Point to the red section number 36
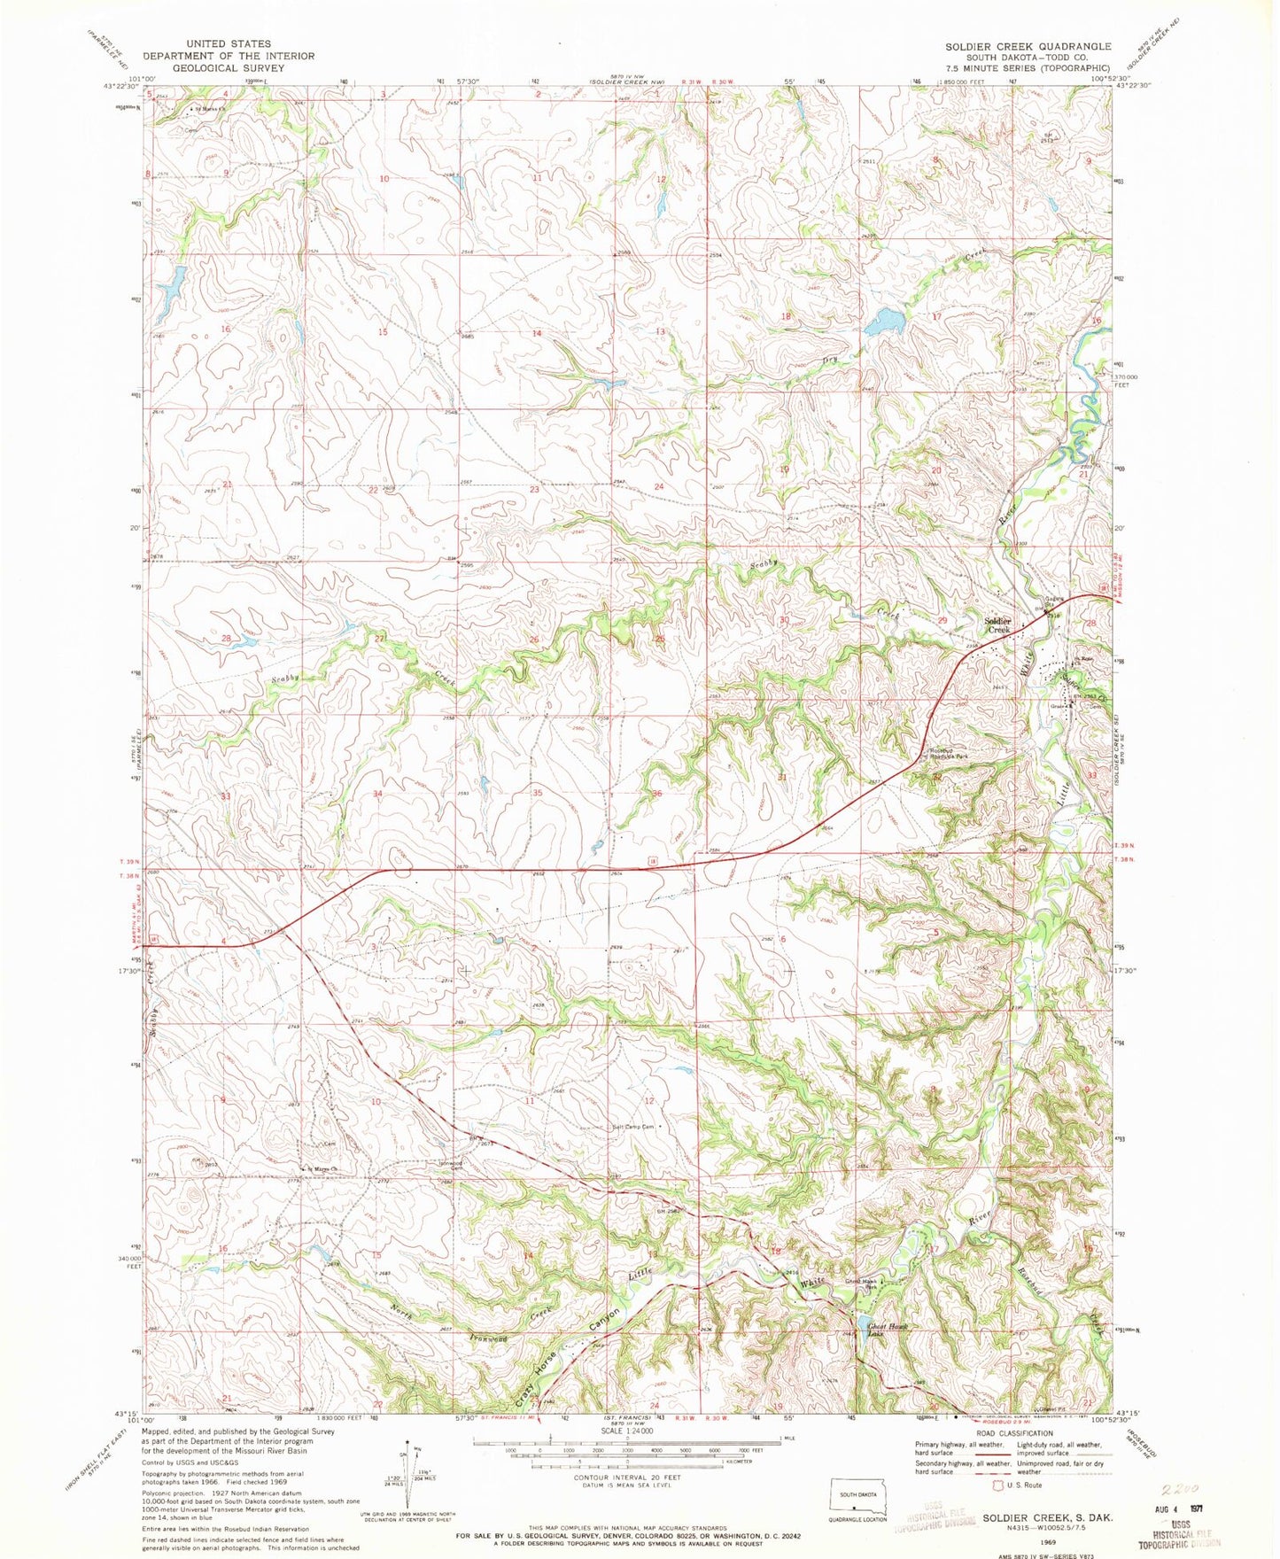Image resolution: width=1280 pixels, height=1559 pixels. point(656,794)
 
